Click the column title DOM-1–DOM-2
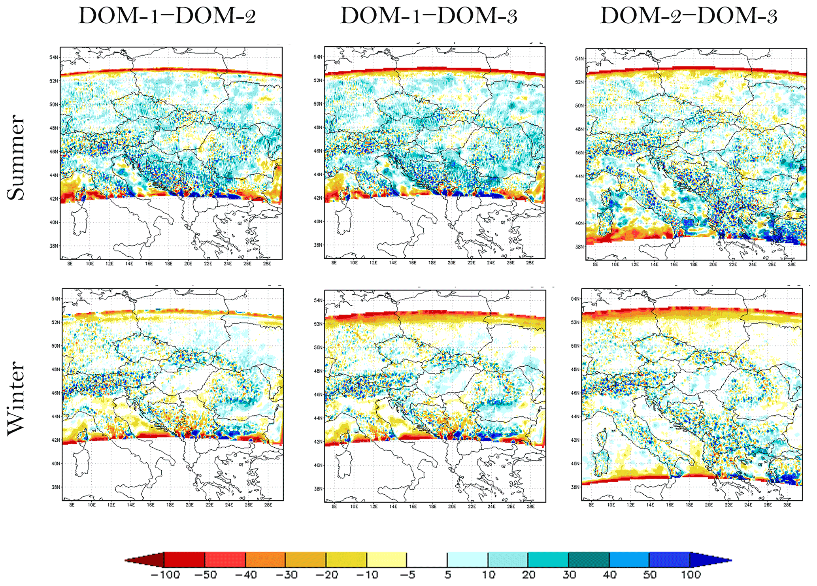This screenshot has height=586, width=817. point(167,17)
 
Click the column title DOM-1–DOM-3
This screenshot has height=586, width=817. point(429,17)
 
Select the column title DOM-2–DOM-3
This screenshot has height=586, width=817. point(689,17)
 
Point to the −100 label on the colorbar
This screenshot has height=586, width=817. point(165,575)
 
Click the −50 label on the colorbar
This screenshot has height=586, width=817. point(206,575)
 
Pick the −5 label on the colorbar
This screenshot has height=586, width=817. point(406,575)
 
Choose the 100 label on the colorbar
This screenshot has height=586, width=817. point(691,575)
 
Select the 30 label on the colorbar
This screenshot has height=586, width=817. point(569,575)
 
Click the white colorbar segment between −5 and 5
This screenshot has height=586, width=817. point(427,560)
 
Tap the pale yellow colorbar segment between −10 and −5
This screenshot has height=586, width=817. point(387,560)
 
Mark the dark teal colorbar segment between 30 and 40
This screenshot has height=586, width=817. point(589,560)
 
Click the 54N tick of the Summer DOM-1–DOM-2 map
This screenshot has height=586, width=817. point(54,58)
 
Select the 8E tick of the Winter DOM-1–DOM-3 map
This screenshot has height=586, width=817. point(334,506)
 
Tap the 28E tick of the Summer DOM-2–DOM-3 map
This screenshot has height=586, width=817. point(791,264)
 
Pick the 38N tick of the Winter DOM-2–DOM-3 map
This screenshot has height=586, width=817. point(575,487)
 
